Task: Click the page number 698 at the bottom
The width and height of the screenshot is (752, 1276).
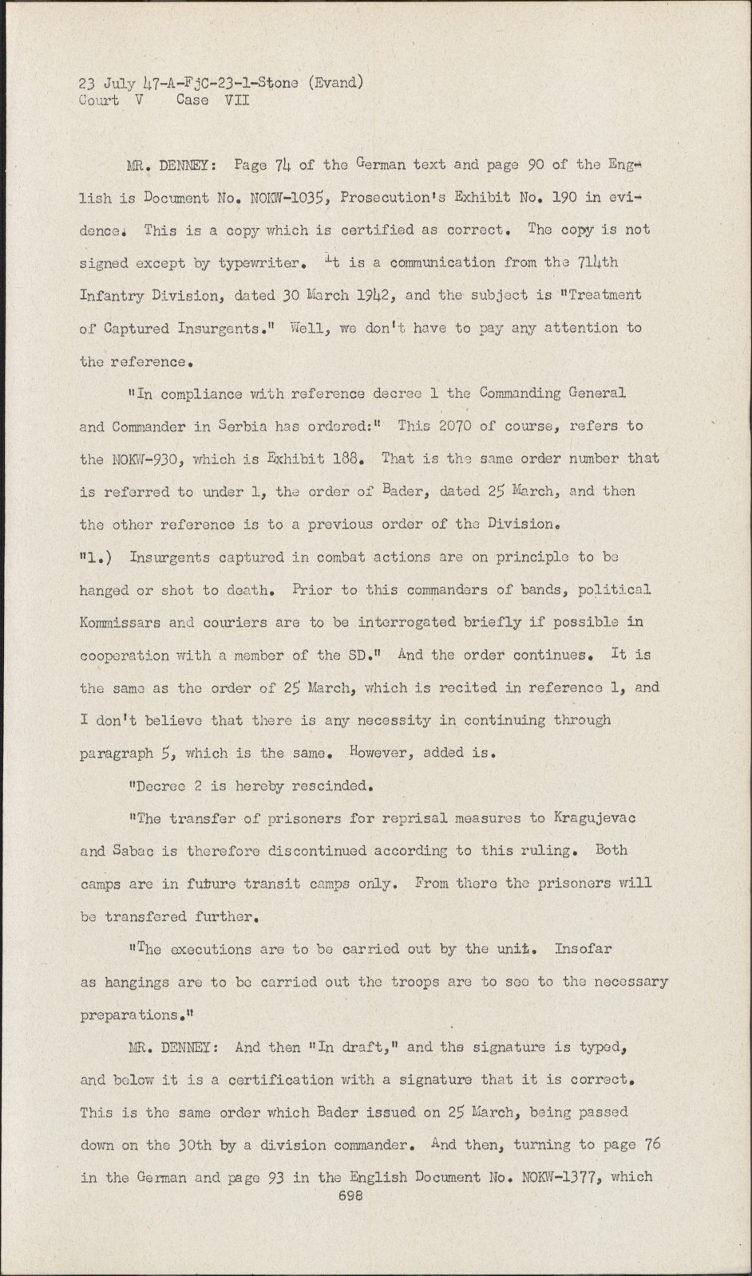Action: (x=351, y=1195)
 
